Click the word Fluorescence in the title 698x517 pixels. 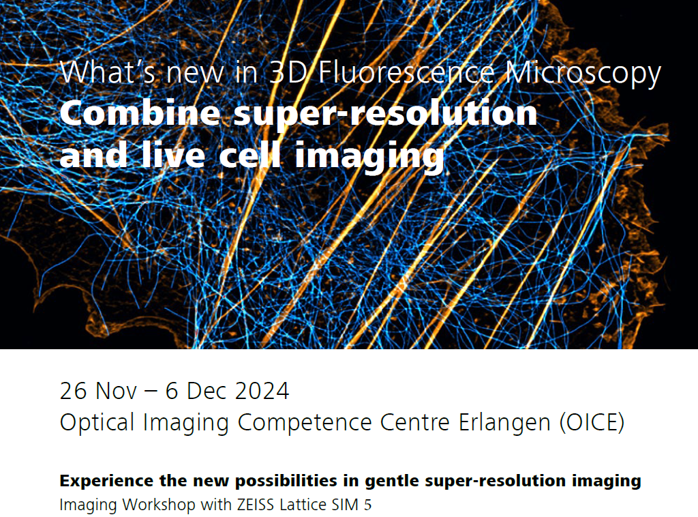tap(406, 72)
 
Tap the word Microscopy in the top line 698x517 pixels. tap(583, 74)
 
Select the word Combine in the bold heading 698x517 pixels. tap(140, 113)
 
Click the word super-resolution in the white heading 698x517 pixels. tap(386, 115)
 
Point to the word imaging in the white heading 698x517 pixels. tap(370, 157)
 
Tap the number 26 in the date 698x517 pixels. tap(73, 391)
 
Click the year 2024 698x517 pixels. tap(262, 391)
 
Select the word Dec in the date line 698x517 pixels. tap(207, 391)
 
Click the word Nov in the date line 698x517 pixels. tap(116, 391)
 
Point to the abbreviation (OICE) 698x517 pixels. tap(592, 422)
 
